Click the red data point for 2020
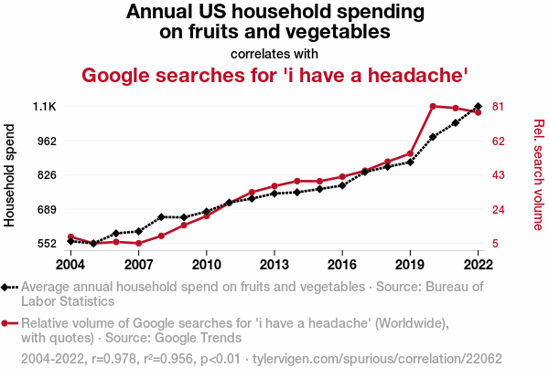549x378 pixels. click(433, 106)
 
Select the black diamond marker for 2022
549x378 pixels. click(478, 107)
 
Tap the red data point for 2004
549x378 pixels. click(71, 237)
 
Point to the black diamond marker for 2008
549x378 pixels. click(161, 217)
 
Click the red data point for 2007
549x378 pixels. click(139, 244)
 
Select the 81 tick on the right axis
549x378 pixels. click(498, 107)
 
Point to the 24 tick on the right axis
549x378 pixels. click(498, 209)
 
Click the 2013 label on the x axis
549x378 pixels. click(274, 264)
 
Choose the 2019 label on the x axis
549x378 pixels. click(410, 264)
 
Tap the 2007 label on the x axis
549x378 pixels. click(139, 264)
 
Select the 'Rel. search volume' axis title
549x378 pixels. click(539, 174)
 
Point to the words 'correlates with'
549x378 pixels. click(274, 53)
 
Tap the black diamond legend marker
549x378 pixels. click(6, 287)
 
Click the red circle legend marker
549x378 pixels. click(6, 323)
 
